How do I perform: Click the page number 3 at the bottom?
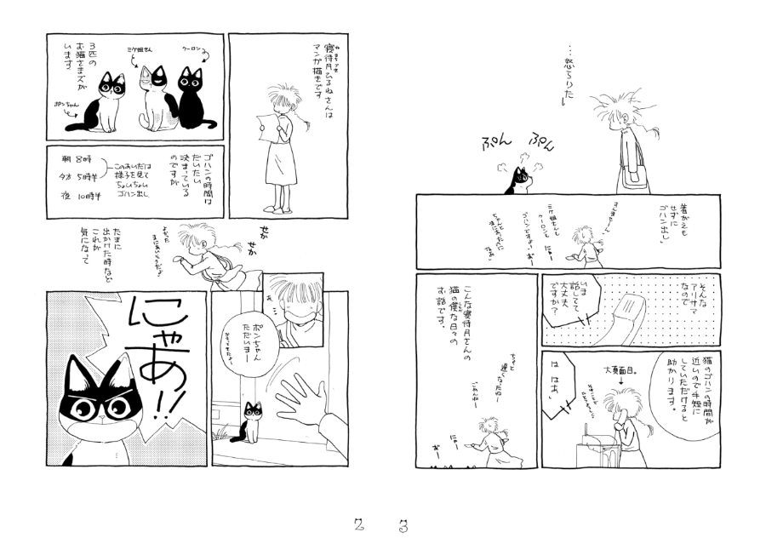click(404, 525)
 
